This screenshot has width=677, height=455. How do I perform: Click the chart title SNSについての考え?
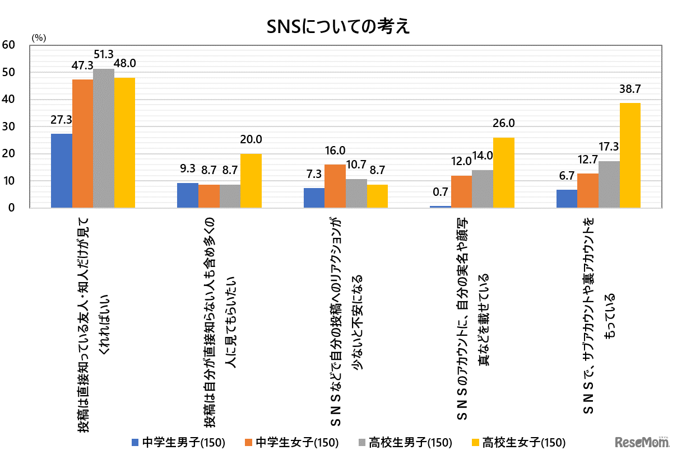click(x=338, y=26)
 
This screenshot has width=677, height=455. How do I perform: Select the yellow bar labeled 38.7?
click(x=630, y=156)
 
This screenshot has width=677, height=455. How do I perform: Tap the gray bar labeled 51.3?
click(x=104, y=138)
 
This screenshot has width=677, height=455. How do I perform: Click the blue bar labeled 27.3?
click(x=62, y=171)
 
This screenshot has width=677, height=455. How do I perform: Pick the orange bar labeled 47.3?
click(x=82, y=144)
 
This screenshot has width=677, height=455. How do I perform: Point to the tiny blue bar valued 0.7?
click(x=440, y=207)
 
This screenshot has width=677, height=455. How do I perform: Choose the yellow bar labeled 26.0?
click(x=503, y=173)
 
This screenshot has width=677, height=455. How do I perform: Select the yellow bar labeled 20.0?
click(x=251, y=181)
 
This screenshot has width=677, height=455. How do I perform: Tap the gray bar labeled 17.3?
click(x=609, y=185)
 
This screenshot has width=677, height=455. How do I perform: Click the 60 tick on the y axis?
click(x=9, y=45)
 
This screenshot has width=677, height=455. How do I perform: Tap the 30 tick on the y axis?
click(x=9, y=127)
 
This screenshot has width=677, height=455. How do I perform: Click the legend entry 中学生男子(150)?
click(x=178, y=442)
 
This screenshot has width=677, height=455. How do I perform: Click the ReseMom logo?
click(x=642, y=442)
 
